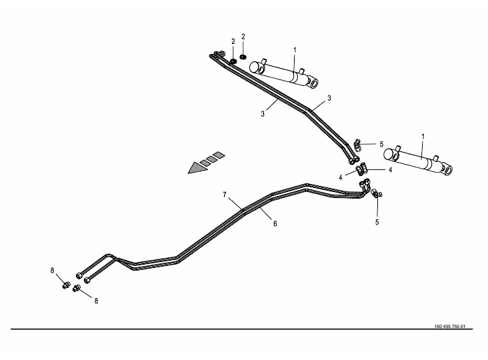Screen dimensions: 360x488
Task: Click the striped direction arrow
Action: [x=205, y=163]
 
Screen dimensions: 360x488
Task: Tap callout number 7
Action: [x=225, y=195]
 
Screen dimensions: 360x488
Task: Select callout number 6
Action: [x=275, y=224]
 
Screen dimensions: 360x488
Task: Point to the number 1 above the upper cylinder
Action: [x=295, y=49]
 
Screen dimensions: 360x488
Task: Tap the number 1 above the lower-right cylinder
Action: [x=422, y=137]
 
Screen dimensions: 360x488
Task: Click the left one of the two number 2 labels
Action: [x=233, y=41]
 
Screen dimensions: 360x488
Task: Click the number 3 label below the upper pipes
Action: [x=263, y=114]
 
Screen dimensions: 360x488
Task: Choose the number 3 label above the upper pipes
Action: [x=329, y=98]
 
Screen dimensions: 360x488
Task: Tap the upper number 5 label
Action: [x=381, y=144]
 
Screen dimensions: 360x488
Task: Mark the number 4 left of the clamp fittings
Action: [x=340, y=177]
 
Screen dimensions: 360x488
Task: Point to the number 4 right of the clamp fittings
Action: [x=390, y=169]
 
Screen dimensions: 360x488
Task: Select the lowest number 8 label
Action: [x=96, y=301]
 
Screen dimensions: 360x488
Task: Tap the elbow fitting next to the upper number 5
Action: [x=359, y=143]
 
